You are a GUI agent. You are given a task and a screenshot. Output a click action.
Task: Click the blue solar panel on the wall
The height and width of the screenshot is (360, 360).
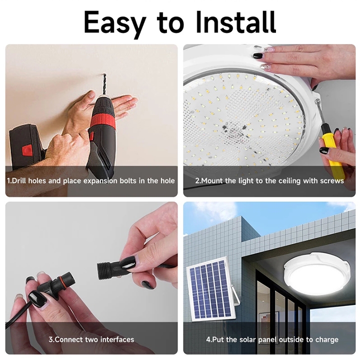(x=210, y=290)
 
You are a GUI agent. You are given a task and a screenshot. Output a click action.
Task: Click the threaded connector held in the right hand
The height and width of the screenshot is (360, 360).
(x=107, y=270)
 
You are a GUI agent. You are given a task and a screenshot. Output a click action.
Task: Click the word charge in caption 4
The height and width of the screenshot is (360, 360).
(x=327, y=339)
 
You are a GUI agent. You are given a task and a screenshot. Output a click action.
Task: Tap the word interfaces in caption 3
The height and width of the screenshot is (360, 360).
(x=115, y=339)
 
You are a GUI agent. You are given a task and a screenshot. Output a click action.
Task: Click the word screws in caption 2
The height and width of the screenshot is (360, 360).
(x=332, y=180)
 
